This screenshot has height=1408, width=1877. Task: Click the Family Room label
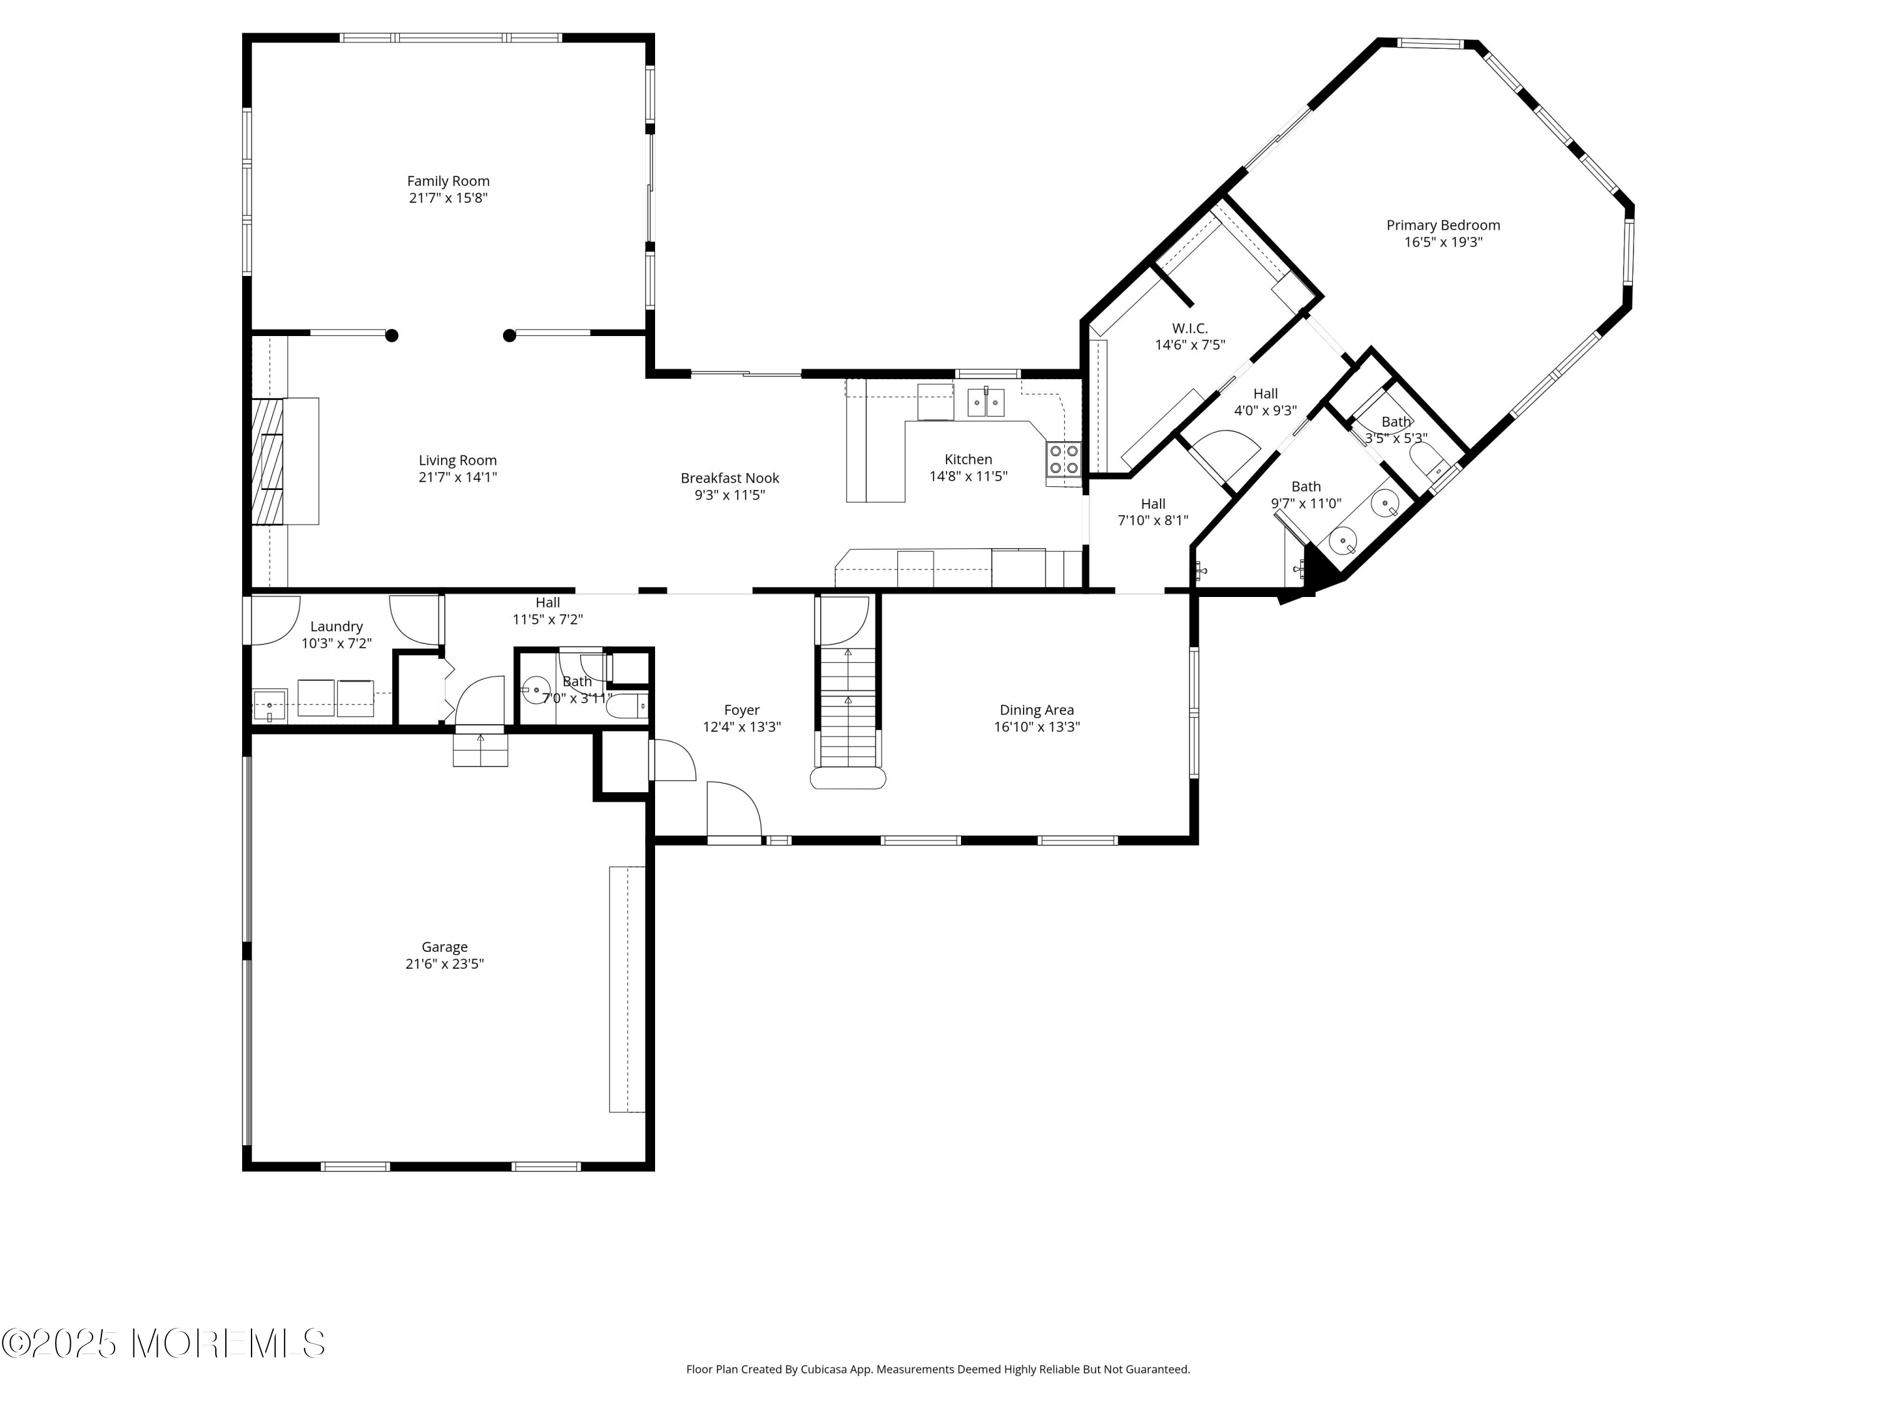(448, 181)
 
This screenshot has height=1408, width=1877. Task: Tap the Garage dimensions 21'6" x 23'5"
(445, 964)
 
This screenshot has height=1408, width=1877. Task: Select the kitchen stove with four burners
(1063, 459)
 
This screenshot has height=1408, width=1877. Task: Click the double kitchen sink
(985, 402)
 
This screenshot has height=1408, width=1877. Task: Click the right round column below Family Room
(509, 335)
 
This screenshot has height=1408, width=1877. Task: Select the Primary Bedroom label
(1443, 225)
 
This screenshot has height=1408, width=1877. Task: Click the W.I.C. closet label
(1189, 329)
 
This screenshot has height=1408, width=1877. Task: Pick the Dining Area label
(1036, 710)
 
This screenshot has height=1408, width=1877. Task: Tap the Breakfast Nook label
(730, 478)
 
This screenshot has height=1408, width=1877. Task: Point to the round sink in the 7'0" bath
(536, 690)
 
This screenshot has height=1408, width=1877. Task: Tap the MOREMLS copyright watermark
(163, 1344)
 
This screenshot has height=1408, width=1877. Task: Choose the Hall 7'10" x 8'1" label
(1152, 504)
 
